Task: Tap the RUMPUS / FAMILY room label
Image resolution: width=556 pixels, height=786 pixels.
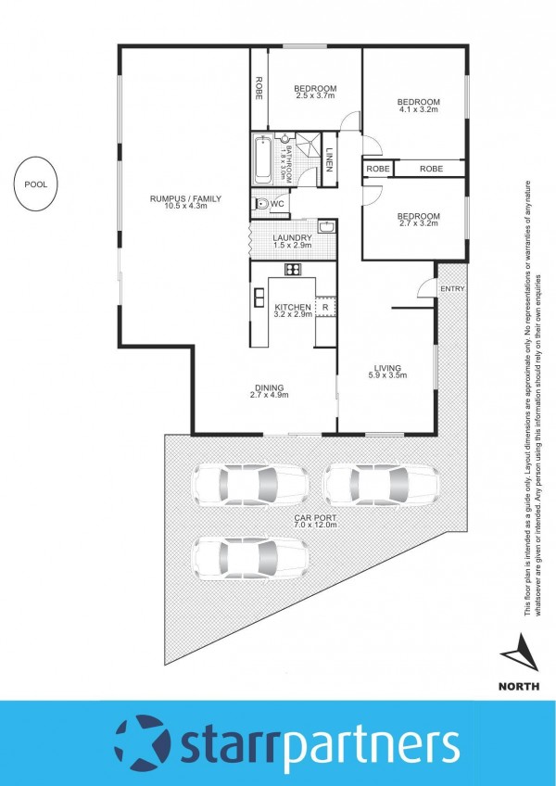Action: click(x=185, y=202)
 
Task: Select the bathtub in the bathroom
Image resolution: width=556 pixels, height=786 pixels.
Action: click(x=263, y=158)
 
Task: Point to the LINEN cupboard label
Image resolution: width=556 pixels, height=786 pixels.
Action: click(x=329, y=159)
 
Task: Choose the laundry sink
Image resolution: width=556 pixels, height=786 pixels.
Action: click(x=326, y=227)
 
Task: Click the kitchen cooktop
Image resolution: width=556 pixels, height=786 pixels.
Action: click(x=294, y=269)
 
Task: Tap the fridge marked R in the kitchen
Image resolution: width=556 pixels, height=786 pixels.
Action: click(x=325, y=307)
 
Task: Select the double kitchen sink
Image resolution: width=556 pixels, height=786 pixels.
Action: click(x=259, y=298)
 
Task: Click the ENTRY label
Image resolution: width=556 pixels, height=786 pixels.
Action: click(x=452, y=289)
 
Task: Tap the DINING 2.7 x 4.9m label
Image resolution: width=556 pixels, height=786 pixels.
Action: click(x=270, y=391)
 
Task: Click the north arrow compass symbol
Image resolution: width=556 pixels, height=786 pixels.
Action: click(x=521, y=653)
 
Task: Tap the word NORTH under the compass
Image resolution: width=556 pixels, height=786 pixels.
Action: click(x=519, y=686)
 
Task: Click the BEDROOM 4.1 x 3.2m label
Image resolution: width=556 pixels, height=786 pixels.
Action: click(x=419, y=106)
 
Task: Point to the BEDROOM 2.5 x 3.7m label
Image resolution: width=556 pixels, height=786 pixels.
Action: click(x=315, y=92)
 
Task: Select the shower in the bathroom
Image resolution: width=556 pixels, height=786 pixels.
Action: click(x=308, y=145)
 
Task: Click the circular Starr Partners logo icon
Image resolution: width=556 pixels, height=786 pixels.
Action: click(x=143, y=743)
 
